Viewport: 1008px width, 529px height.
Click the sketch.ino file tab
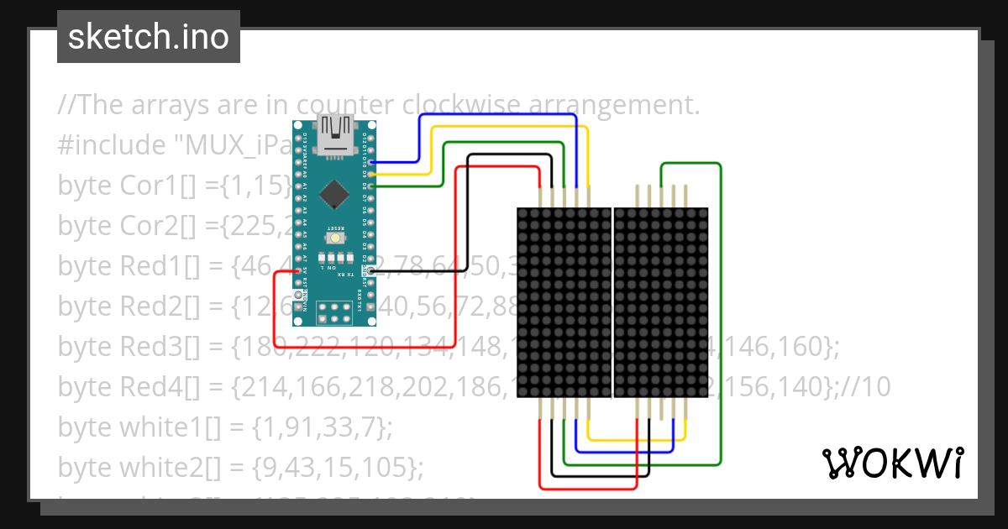click(149, 37)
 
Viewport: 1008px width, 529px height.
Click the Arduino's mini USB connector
click(336, 139)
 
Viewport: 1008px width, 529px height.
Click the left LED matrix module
click(562, 302)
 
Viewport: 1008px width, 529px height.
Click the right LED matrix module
click(661, 302)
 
